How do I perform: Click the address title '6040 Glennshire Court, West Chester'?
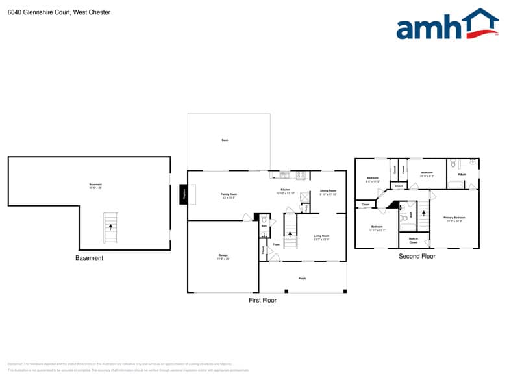point(59,12)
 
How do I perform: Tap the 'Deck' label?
point(225,140)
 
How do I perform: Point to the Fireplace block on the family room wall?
point(184,194)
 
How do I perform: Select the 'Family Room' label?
point(229,196)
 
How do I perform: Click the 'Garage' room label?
point(222,256)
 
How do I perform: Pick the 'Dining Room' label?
point(328,192)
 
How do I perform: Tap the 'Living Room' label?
point(321,237)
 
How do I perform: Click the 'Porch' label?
point(302,278)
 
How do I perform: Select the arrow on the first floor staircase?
point(291,233)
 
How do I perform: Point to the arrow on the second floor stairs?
point(423,212)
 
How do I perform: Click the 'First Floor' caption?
point(262,301)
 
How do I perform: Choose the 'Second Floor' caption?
point(417,257)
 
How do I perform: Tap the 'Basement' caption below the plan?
point(89,258)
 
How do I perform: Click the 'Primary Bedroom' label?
point(454,219)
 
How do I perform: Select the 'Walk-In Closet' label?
point(413,240)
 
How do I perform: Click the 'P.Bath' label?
point(462,175)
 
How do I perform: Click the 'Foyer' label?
point(276,244)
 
